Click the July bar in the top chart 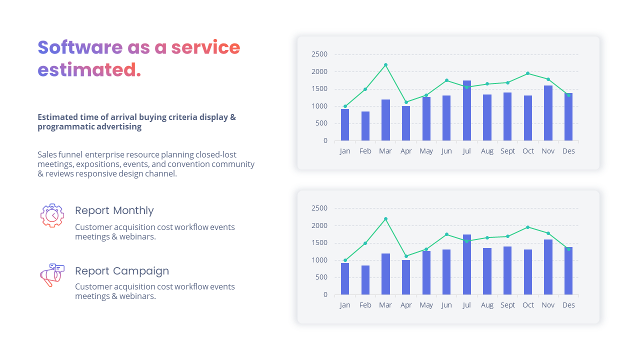467,111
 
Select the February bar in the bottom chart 365,280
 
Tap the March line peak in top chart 385,65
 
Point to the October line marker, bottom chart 528,227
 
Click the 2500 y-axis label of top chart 319,54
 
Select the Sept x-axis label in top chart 507,151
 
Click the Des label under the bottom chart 568,305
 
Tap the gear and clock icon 52,215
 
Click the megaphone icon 52,275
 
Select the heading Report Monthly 114,210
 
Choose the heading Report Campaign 122,271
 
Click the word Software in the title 80,47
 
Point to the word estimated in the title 87,70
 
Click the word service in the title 205,47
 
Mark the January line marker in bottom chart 345,260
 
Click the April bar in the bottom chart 406,277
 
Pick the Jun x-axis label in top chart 446,151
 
